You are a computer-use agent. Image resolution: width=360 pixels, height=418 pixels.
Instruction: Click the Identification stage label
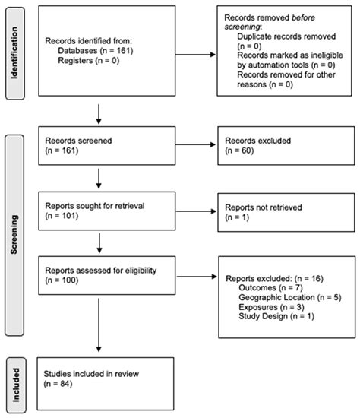tap(14, 53)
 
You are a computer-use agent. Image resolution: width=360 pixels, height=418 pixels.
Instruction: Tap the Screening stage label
tap(14, 235)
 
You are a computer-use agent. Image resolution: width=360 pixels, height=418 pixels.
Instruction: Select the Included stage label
tap(16, 385)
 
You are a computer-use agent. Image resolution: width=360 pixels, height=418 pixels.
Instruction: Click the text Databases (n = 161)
tap(96, 51)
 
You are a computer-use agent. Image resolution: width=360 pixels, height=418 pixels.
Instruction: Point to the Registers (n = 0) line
tap(88, 61)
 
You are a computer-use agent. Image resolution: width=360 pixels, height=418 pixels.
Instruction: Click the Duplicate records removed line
tap(286, 36)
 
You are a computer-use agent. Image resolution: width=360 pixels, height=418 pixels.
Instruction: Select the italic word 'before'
tap(303, 17)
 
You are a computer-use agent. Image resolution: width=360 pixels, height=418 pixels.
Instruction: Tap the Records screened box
tap(107, 146)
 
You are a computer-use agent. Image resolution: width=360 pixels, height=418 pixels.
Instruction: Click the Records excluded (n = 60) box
tap(286, 146)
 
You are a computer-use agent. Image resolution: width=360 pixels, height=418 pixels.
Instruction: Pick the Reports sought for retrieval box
tap(107, 211)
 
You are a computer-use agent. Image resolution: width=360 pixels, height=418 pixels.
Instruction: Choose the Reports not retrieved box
tap(286, 213)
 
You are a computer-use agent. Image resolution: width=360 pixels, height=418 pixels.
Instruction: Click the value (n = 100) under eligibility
tap(62, 280)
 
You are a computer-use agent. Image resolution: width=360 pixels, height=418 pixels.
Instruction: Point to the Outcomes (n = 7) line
tap(270, 287)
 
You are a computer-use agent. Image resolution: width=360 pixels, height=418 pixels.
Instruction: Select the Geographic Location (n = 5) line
tap(290, 297)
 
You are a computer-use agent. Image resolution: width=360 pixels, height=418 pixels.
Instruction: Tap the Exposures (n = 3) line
tap(271, 307)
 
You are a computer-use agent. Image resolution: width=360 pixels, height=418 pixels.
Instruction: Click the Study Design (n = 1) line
tap(276, 316)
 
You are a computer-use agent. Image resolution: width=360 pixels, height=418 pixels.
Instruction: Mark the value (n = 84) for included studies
tap(58, 384)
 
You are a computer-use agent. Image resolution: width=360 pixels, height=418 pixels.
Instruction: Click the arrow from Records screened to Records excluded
tap(195, 144)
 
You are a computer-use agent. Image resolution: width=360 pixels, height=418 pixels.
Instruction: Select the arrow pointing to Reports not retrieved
tap(196, 211)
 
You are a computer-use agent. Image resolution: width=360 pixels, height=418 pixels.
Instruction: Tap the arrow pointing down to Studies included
tap(99, 325)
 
